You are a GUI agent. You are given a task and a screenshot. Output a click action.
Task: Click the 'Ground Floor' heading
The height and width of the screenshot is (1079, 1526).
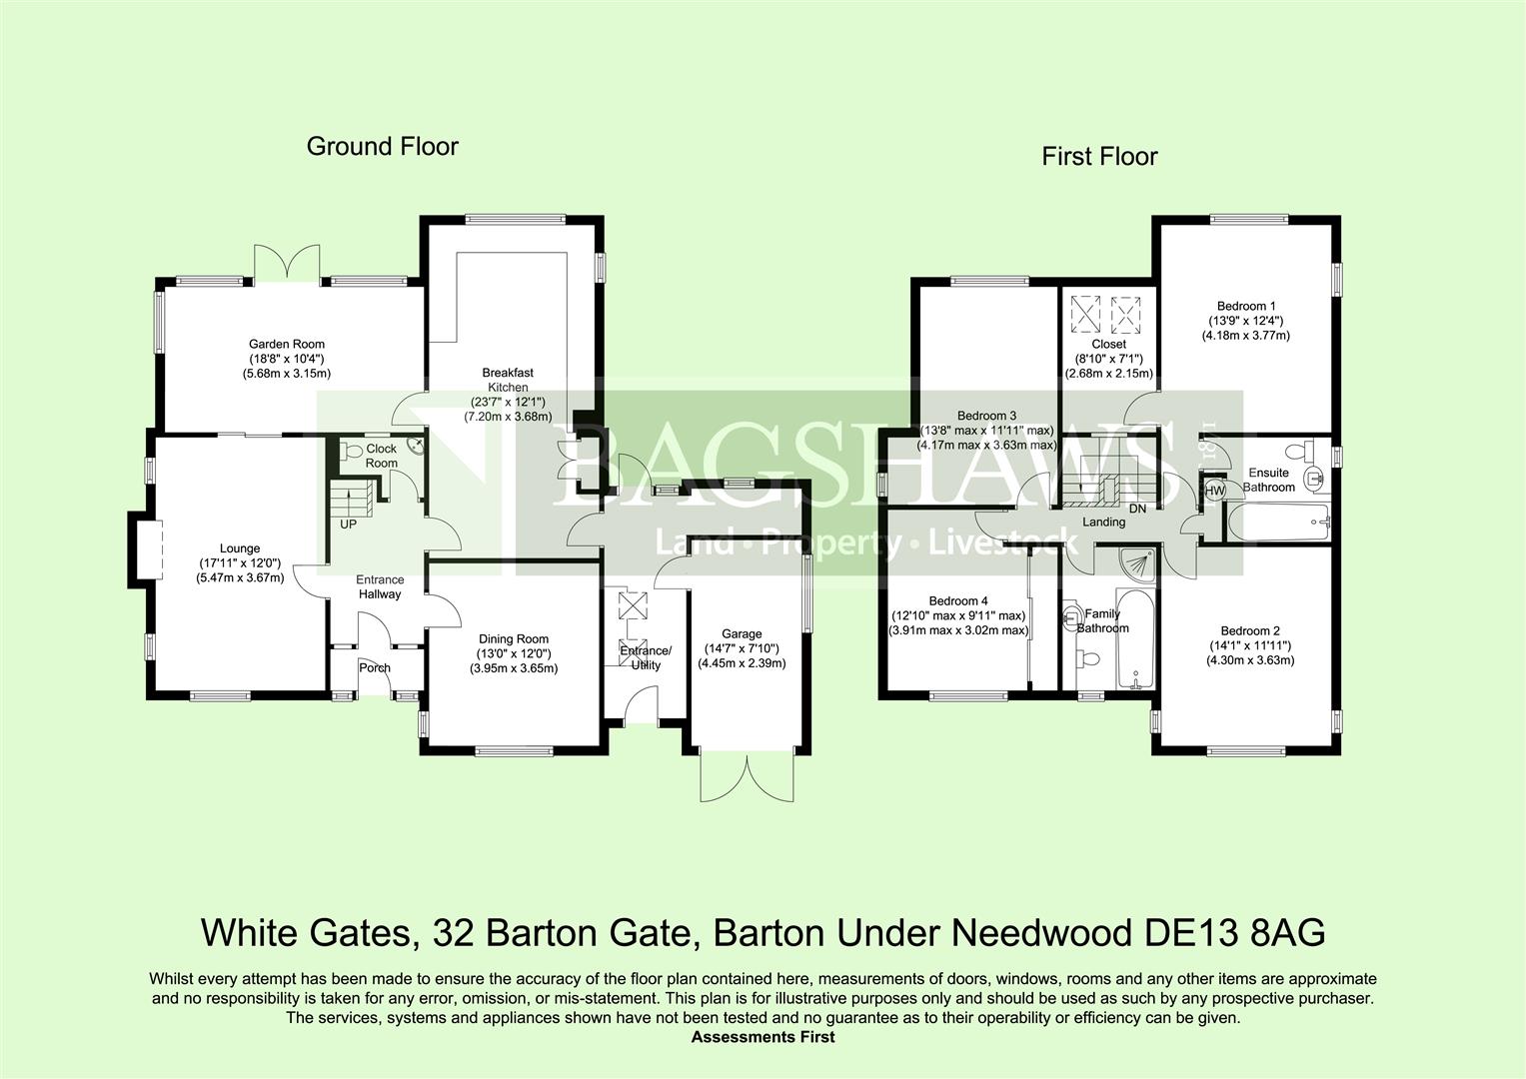[382, 147]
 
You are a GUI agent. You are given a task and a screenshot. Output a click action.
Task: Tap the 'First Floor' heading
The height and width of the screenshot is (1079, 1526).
[1099, 157]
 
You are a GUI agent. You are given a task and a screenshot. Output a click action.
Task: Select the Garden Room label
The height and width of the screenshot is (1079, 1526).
[287, 345]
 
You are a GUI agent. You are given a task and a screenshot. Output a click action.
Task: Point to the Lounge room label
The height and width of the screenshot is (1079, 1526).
[240, 548]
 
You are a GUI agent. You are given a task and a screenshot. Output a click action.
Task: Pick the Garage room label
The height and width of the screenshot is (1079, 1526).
[742, 634]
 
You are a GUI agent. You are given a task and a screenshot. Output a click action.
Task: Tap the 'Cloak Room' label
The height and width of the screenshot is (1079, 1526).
[381, 456]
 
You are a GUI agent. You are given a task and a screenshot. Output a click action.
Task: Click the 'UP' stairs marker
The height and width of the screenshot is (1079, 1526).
[348, 524]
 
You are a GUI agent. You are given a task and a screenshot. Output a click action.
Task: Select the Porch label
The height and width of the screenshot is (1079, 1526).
[375, 667]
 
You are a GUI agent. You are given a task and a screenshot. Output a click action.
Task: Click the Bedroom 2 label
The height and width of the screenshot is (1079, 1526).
[1249, 631]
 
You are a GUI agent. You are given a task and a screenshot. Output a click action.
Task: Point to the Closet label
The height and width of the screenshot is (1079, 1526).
[1108, 345]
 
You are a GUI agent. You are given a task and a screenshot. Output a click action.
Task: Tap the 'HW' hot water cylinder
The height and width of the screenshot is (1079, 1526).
[1214, 492]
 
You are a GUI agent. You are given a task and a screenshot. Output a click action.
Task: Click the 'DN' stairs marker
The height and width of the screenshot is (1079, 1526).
[1136, 509]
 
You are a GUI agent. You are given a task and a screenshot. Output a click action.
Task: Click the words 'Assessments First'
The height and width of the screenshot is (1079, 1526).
[763, 1037]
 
